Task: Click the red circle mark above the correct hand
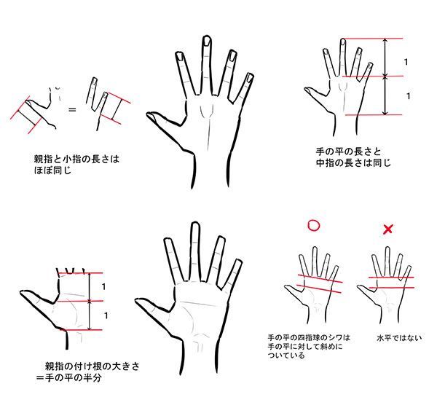point(313,226)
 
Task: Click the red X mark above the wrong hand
point(388,229)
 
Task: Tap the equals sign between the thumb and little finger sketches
point(72,110)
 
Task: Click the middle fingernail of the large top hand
point(207,41)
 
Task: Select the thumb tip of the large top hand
point(149,114)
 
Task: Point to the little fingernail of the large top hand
point(250,78)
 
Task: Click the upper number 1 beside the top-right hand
point(406,62)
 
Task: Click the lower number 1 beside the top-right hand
point(409,96)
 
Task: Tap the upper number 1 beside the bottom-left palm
point(103,286)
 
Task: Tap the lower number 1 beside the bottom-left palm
point(106,315)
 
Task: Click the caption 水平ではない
point(399,338)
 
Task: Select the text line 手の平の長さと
point(348,152)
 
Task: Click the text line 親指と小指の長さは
point(76,160)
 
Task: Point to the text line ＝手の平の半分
point(69,378)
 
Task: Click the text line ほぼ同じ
point(52,170)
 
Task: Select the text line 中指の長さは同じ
point(353,162)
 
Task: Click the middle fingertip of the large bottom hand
point(196,224)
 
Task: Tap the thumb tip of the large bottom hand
point(138,301)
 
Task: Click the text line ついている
point(286,355)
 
